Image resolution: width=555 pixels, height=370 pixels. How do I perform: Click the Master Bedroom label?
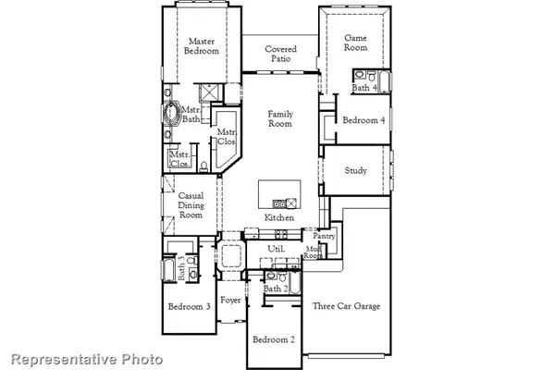[x=203, y=46]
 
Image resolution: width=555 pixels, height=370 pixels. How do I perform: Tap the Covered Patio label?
[x=280, y=54]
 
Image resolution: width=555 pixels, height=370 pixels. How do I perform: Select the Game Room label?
[x=356, y=43]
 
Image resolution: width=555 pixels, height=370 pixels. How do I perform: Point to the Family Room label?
[x=280, y=119]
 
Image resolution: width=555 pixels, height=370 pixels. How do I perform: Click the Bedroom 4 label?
[x=364, y=121]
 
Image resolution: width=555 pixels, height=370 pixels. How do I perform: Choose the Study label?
[x=356, y=170]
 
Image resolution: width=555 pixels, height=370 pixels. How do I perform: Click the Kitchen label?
[x=279, y=217]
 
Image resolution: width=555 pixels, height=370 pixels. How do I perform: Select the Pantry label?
[x=323, y=236]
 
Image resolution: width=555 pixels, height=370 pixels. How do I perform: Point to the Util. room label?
[x=275, y=249]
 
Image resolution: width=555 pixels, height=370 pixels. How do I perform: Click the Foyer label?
[x=230, y=301]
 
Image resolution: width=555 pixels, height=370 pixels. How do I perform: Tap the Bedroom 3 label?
[x=189, y=306]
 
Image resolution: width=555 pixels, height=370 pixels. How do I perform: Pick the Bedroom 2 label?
[x=275, y=339]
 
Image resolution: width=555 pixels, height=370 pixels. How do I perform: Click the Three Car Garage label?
[x=346, y=306]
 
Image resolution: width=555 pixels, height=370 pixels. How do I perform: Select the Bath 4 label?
[x=364, y=88]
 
